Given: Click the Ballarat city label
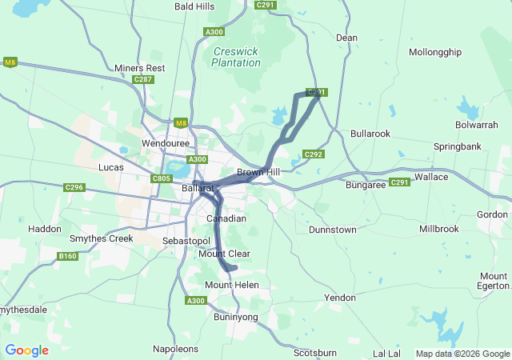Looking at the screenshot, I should click(x=197, y=188).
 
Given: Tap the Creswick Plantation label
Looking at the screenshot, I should click(x=236, y=57).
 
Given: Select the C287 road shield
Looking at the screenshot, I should click(x=143, y=79).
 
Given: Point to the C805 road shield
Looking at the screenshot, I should click(x=162, y=178).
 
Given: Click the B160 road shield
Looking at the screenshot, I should click(x=68, y=257).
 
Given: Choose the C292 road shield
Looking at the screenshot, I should click(x=313, y=154).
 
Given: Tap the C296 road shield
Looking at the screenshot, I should click(x=74, y=187).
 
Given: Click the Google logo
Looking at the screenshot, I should click(x=26, y=350).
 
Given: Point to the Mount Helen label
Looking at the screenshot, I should click(x=230, y=286).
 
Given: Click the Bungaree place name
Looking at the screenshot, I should click(x=366, y=185).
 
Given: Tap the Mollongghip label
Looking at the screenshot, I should click(x=435, y=52).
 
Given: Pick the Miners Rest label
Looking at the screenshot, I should click(x=139, y=68).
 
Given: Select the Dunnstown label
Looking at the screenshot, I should click(x=333, y=230).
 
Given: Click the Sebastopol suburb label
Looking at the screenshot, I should click(x=186, y=241).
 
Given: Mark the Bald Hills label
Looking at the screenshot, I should click(x=194, y=6).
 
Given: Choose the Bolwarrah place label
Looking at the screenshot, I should click(x=476, y=126).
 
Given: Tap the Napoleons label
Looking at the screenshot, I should click(x=177, y=350).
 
